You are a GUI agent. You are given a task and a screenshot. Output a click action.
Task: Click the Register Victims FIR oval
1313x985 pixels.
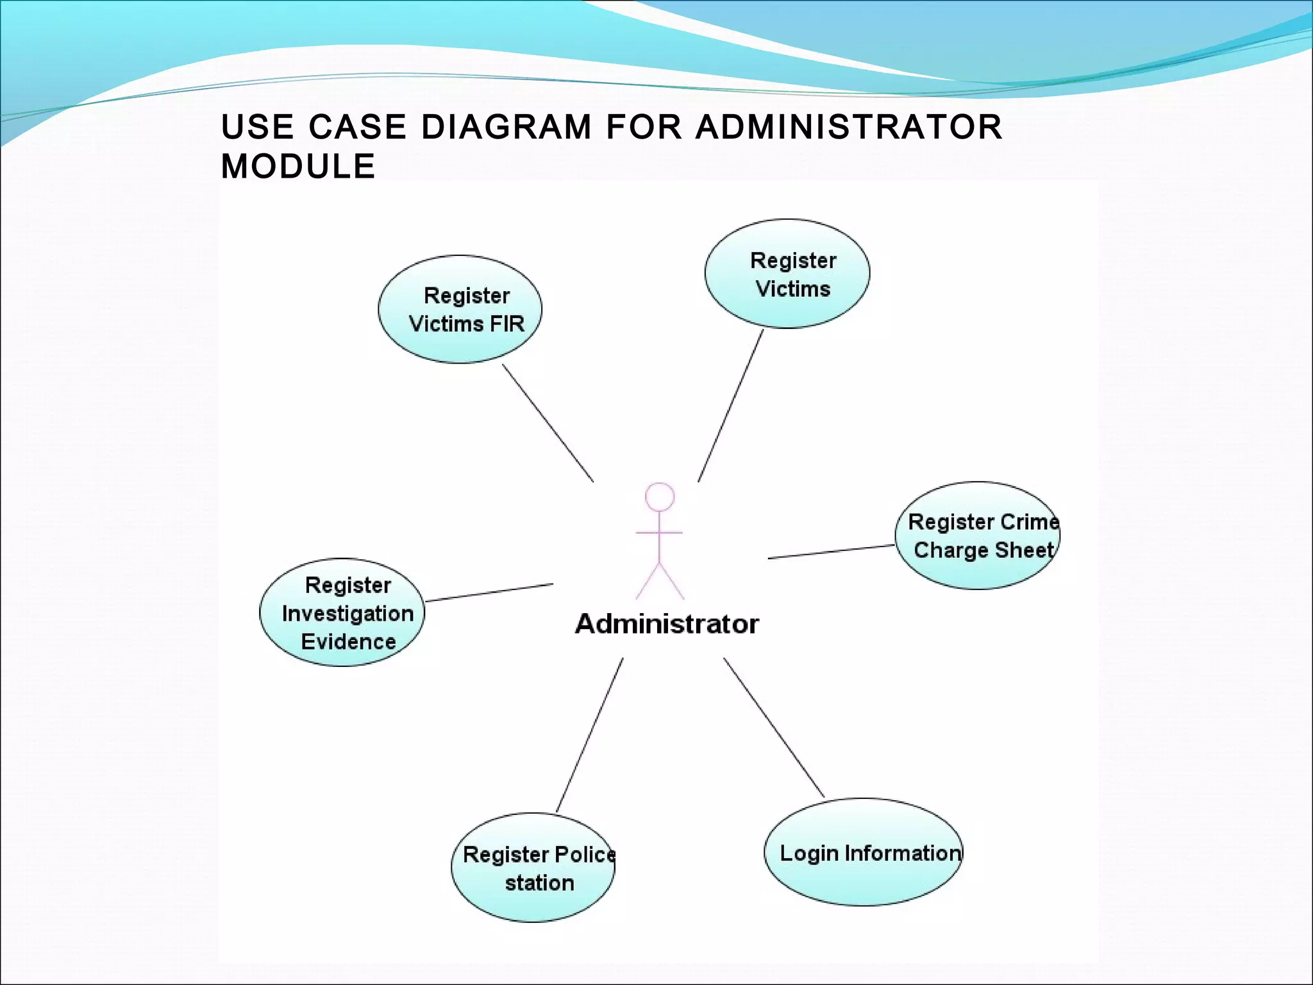click(x=460, y=310)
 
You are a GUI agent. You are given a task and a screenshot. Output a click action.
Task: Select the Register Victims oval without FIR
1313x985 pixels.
click(x=787, y=274)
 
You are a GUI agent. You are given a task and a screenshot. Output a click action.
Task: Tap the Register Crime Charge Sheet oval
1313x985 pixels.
click(x=977, y=535)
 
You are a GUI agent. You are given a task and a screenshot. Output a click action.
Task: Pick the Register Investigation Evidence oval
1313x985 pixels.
click(x=342, y=612)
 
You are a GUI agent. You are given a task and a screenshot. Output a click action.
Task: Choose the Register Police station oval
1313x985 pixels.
click(x=532, y=868)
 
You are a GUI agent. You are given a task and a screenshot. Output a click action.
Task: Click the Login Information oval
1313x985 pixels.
click(x=863, y=852)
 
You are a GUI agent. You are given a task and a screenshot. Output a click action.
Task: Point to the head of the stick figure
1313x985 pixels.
click(x=660, y=497)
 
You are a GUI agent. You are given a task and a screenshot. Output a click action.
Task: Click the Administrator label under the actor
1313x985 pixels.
click(x=667, y=624)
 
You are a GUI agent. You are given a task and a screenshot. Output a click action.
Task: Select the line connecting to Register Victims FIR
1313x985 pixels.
click(x=548, y=423)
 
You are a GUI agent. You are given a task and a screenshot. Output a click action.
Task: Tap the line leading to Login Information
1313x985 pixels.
click(x=774, y=727)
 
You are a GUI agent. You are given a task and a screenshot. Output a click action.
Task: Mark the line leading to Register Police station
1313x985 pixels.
click(x=590, y=735)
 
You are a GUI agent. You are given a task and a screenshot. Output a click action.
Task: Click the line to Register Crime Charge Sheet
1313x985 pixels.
click(x=831, y=552)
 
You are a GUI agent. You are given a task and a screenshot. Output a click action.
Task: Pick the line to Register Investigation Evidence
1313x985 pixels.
click(x=489, y=593)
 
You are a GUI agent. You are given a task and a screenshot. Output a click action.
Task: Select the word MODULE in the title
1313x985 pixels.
click(x=298, y=167)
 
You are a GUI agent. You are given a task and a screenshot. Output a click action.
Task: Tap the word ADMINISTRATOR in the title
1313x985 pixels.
click(x=849, y=127)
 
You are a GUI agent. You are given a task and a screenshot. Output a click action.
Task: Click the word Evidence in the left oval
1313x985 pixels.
click(x=348, y=642)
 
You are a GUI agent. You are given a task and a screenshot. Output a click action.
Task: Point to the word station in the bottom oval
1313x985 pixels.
click(x=539, y=883)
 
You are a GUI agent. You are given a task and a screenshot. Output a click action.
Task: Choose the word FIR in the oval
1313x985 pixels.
click(x=506, y=324)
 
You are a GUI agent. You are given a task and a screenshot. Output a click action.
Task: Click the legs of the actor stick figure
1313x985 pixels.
click(x=660, y=580)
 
